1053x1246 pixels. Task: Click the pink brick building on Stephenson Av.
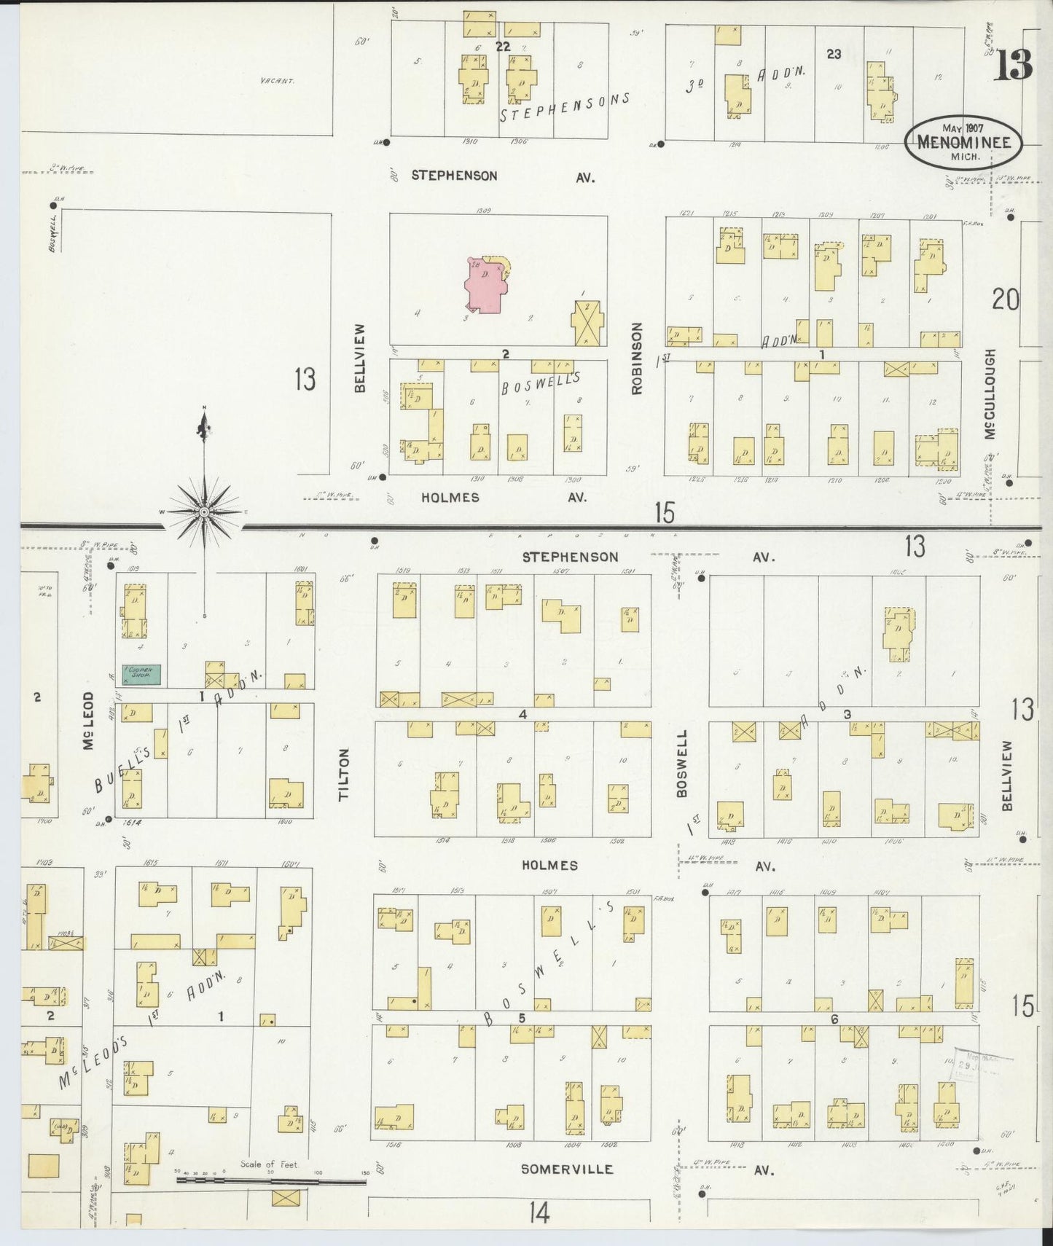coord(485,286)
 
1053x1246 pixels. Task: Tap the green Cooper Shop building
coord(141,675)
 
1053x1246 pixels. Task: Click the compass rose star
coord(205,512)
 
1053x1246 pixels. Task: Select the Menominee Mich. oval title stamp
coord(963,142)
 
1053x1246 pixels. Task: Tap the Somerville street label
coord(567,1169)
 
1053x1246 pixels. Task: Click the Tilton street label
coord(344,775)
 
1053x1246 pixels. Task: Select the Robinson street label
coord(637,358)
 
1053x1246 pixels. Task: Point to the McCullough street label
coord(989,393)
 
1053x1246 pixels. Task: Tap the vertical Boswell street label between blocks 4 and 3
coord(682,763)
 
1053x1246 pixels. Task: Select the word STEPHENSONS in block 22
coord(564,108)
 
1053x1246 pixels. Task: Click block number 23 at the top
coord(834,53)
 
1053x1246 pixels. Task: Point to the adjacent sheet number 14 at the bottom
coord(539,1213)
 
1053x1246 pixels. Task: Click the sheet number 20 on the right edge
coord(1005,299)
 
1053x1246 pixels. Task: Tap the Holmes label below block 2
coord(450,498)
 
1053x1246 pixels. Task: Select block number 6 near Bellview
coord(834,1019)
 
